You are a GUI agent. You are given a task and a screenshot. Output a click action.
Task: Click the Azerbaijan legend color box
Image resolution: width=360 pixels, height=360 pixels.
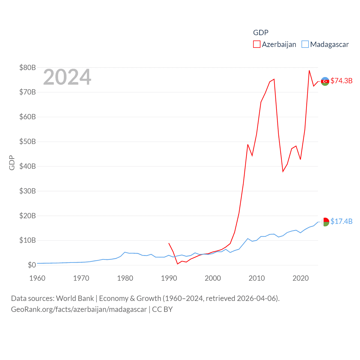pos(256,44)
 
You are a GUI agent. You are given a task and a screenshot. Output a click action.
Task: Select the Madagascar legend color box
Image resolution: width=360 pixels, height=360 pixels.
pos(305,44)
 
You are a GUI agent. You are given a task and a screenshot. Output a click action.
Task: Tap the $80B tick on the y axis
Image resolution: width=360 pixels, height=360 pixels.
pos(28,67)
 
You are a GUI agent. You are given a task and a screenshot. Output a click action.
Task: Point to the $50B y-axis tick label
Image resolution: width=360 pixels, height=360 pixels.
pos(28,141)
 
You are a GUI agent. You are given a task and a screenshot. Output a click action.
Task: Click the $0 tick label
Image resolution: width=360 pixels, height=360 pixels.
pos(32,265)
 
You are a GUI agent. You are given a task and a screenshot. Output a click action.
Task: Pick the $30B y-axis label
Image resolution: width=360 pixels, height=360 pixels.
pos(28,191)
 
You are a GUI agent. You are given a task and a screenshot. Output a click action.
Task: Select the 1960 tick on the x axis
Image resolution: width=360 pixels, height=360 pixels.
pos(37,278)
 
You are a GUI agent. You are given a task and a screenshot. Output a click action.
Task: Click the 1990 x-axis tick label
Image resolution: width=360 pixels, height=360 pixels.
pos(169,278)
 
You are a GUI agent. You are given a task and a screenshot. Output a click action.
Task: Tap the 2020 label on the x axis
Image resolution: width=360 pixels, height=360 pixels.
pos(301,278)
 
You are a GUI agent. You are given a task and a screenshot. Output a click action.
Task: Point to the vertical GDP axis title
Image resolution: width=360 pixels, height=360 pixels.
pos(12,163)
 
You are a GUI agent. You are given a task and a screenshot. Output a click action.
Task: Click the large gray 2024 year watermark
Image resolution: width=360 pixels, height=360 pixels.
pos(67,77)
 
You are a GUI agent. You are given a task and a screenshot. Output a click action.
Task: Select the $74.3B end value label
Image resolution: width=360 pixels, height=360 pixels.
pos(341,81)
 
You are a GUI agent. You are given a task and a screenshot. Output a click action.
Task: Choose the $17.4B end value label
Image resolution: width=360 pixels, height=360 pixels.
pos(341,221)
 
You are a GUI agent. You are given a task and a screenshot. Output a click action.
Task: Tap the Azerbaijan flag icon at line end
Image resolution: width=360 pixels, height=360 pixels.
pos(325,81)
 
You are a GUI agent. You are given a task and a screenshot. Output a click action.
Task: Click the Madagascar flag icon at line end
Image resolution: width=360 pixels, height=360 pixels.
pos(325,222)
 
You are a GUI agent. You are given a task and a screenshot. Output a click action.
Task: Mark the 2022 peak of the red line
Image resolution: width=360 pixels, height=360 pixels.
pos(309,70)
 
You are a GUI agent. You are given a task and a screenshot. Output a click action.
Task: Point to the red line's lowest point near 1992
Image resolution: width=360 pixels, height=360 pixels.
pos(177,264)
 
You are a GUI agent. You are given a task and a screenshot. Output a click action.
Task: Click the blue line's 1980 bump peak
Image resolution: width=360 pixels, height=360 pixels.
pos(125,252)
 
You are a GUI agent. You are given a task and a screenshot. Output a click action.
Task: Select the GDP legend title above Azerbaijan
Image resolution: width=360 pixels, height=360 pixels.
pos(261,33)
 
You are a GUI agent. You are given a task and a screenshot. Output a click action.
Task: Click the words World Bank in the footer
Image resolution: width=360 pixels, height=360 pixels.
pos(75,298)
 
